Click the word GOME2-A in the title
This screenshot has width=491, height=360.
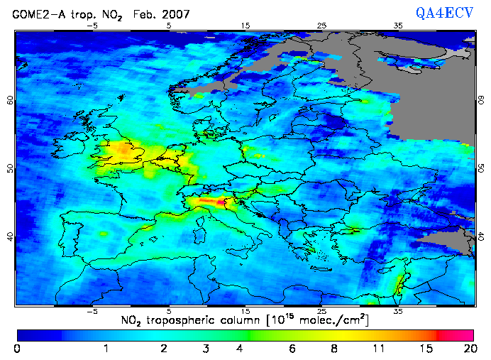34,12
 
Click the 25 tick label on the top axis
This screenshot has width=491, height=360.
321,26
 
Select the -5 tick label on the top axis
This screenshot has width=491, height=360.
91,26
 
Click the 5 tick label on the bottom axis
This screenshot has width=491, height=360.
169,311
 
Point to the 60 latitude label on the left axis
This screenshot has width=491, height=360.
11,100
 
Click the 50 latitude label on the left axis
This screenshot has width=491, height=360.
11,168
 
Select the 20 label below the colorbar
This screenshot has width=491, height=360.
468,349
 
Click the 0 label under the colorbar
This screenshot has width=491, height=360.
16,349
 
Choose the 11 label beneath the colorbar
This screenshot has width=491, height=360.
379,349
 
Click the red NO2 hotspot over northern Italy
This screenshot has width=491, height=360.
210,202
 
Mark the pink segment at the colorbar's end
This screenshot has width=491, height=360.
458,333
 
